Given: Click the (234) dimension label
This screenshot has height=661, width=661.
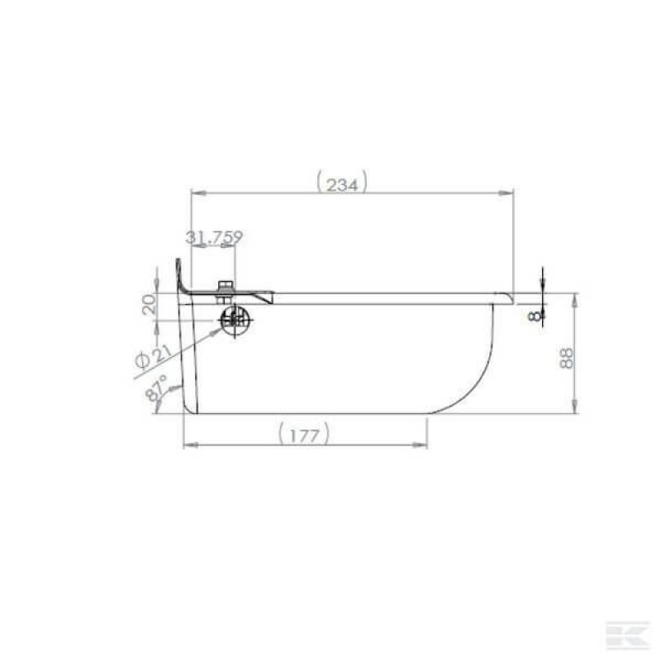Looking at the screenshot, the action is (x=342, y=182).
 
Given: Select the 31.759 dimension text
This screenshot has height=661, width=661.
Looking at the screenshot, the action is (x=214, y=237).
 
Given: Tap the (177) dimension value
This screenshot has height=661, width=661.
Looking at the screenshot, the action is (x=303, y=433).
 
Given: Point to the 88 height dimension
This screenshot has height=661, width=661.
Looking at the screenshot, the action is (x=567, y=358).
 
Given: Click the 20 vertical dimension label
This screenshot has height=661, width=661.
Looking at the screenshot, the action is (x=149, y=304).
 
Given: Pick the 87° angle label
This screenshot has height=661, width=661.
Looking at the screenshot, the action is (x=155, y=388).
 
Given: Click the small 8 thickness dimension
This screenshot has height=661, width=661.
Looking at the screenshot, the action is (x=535, y=316).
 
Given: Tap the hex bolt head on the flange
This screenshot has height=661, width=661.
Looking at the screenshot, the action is (x=225, y=286).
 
